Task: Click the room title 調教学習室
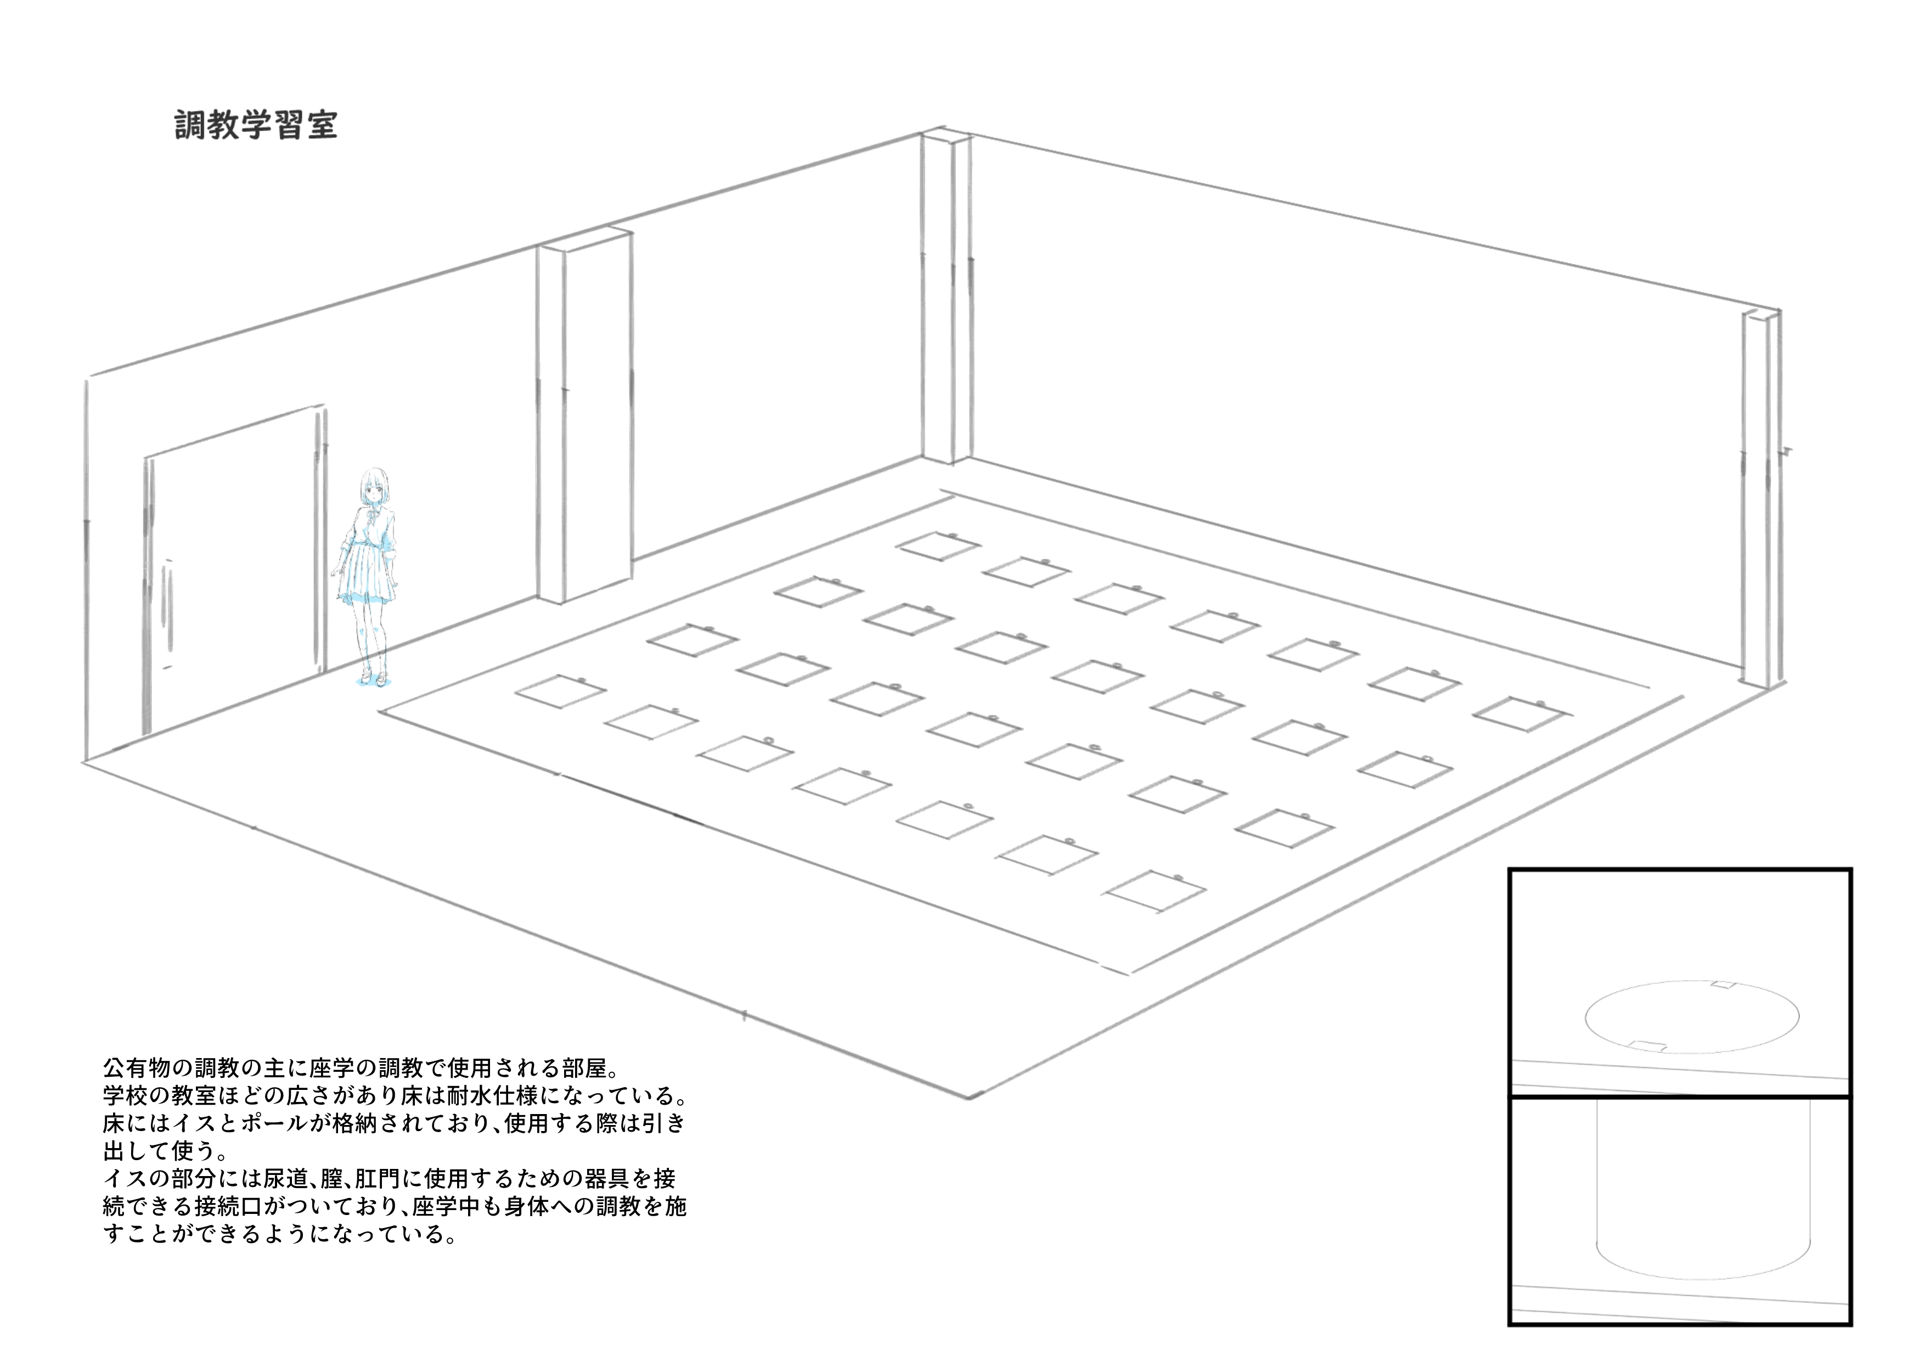click(x=256, y=125)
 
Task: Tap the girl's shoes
click(x=374, y=678)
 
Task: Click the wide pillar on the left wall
click(x=584, y=414)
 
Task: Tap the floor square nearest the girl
click(x=560, y=692)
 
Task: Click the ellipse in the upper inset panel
click(x=1692, y=1016)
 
